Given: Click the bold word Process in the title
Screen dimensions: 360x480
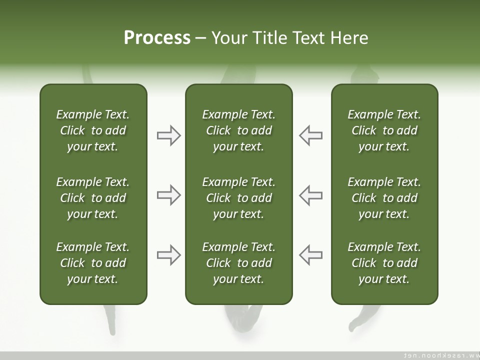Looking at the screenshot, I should pyautogui.click(x=157, y=38).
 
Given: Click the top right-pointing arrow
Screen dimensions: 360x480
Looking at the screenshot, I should pyautogui.click(x=168, y=135).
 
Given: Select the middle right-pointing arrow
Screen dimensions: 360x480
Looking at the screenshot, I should pyautogui.click(x=168, y=195).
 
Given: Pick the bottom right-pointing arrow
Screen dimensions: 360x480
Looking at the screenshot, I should pyautogui.click(x=168, y=255).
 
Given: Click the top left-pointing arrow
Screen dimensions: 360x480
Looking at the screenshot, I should pyautogui.click(x=310, y=135).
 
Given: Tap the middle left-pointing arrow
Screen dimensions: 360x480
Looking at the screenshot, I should pyautogui.click(x=310, y=195).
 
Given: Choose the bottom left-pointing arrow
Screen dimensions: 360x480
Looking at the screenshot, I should pyautogui.click(x=310, y=255).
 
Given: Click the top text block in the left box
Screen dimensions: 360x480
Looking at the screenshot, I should pyautogui.click(x=93, y=130).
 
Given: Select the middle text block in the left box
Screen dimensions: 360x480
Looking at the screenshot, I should pyautogui.click(x=93, y=198).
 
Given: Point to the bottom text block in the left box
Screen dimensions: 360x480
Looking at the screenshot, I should pyautogui.click(x=93, y=263).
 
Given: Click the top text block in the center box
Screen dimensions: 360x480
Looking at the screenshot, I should pyautogui.click(x=238, y=130).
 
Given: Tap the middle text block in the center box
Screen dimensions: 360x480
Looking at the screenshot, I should pyautogui.click(x=238, y=198).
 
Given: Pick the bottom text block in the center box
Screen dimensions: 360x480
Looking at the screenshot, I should pyautogui.click(x=238, y=263).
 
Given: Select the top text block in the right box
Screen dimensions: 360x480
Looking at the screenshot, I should pyautogui.click(x=384, y=130).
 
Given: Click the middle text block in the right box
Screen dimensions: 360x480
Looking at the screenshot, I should pyautogui.click(x=384, y=198).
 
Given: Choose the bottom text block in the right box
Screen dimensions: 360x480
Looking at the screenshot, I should pyautogui.click(x=384, y=263).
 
